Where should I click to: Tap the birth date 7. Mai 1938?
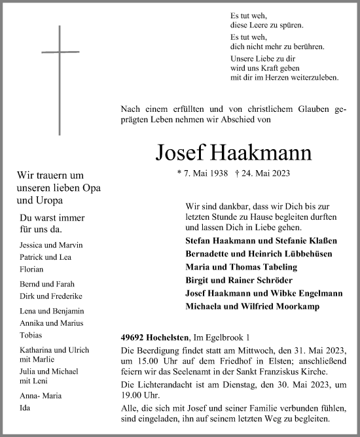[203, 173]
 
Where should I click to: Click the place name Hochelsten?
[168, 337]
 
